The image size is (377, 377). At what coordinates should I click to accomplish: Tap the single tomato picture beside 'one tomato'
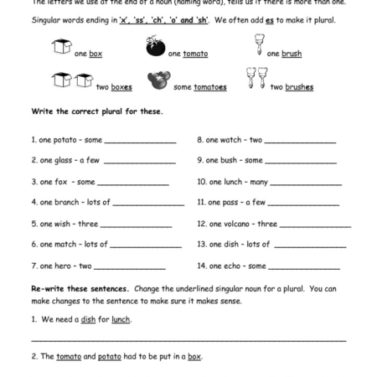[156, 49]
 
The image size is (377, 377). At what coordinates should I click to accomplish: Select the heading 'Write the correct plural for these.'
[97, 111]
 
